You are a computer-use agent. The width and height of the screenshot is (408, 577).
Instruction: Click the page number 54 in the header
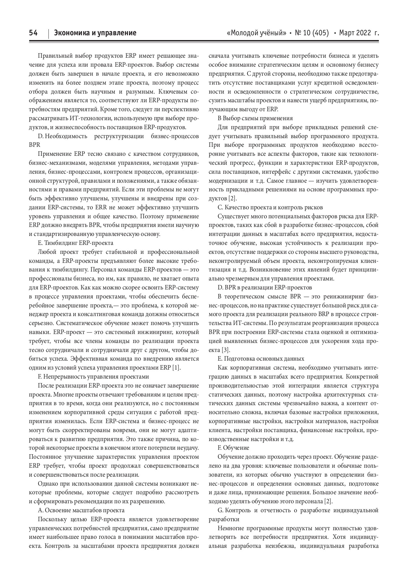[33, 33]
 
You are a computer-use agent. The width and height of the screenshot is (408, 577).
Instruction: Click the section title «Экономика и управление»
[95, 33]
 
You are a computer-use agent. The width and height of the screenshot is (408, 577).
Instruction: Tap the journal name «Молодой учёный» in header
[256, 33]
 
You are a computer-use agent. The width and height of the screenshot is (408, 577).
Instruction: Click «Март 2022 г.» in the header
[359, 33]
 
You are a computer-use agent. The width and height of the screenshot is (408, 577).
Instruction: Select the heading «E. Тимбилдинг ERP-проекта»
[75, 243]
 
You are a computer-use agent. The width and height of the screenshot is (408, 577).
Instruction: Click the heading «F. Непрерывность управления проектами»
[93, 376]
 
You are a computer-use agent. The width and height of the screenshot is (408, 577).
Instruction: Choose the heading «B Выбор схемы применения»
[255, 118]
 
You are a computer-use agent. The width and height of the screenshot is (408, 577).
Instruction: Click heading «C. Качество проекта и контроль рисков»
[270, 207]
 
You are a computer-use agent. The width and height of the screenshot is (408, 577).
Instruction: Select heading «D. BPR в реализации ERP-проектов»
[265, 287]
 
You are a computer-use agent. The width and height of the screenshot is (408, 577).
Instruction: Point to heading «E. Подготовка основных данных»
[261, 358]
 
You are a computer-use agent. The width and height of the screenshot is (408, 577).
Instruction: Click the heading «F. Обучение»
[233, 447]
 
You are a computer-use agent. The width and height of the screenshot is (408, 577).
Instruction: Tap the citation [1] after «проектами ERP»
[176, 367]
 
